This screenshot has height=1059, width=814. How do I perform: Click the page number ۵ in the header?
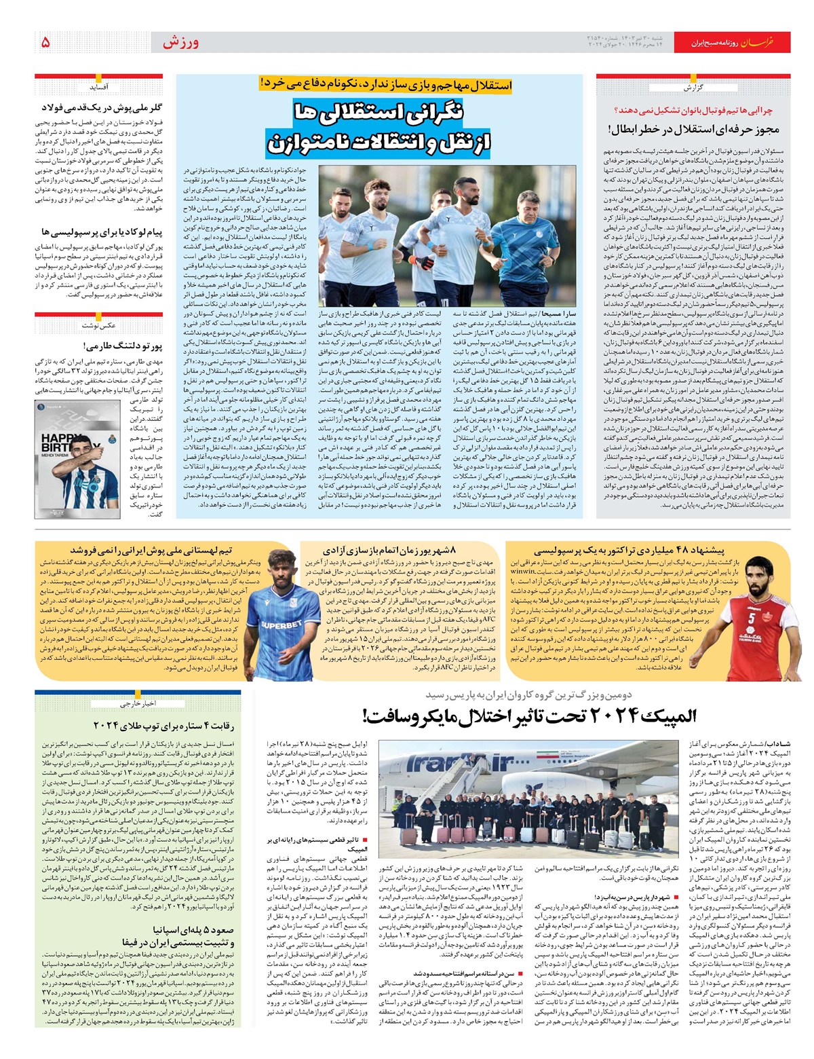coord(45,43)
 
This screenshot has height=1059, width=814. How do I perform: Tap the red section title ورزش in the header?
coord(180,43)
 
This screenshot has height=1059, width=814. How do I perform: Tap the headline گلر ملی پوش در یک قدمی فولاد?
coord(102,108)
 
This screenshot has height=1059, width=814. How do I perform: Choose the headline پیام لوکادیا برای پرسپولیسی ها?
coord(102,232)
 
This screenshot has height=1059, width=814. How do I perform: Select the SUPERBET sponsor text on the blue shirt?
coord(282,625)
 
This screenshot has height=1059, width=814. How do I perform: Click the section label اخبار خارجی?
coord(139,703)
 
